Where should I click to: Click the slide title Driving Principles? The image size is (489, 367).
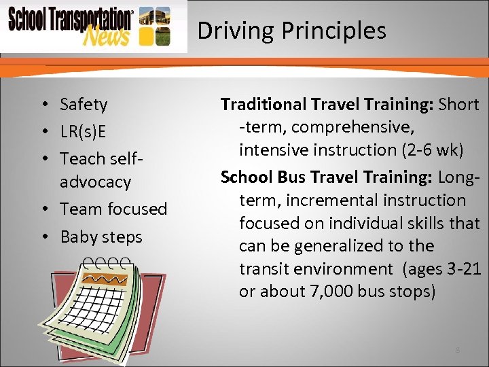click(x=291, y=31)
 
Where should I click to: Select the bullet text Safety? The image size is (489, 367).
click(x=84, y=104)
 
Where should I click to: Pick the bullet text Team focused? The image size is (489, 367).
click(x=113, y=209)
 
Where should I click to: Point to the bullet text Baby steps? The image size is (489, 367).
click(x=101, y=237)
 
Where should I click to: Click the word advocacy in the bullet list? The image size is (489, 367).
click(x=95, y=181)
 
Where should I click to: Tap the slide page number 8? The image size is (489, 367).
click(x=458, y=350)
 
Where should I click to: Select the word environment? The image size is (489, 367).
click(x=348, y=268)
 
